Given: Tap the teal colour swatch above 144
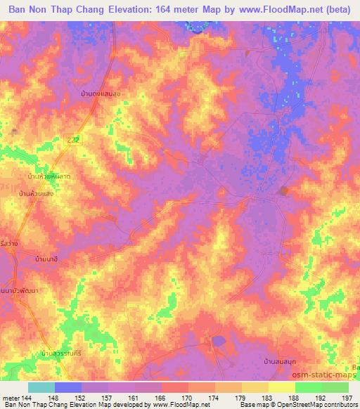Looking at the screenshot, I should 41,387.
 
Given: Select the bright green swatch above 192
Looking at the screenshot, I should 309,387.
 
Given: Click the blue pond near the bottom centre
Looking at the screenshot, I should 219,341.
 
